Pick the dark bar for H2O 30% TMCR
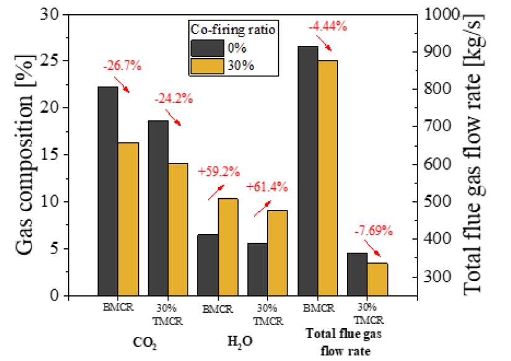click(x=257, y=269)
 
